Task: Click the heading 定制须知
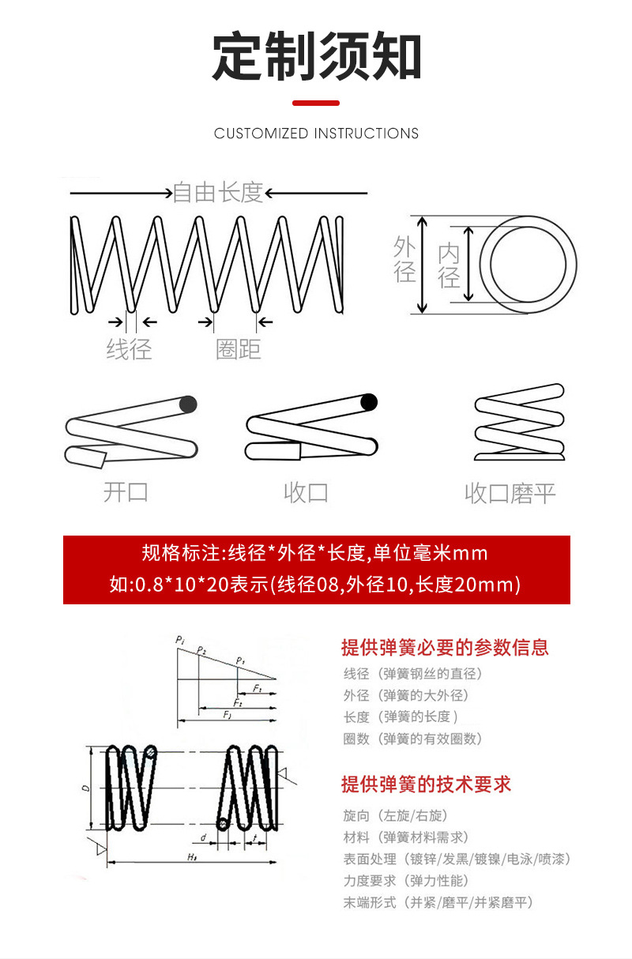click(x=316, y=57)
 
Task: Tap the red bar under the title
click(x=316, y=103)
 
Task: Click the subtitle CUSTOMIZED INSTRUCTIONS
click(x=316, y=134)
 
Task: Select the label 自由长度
click(x=217, y=192)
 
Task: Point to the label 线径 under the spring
click(x=129, y=348)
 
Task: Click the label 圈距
click(x=238, y=348)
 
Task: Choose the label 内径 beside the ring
click(x=449, y=265)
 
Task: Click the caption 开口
click(x=126, y=492)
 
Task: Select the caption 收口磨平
click(x=510, y=494)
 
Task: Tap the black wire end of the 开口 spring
click(x=187, y=404)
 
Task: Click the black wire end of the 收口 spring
click(x=368, y=402)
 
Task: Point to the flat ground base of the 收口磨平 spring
click(x=519, y=457)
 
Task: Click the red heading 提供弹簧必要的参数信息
click(x=445, y=648)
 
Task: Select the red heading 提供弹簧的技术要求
click(x=426, y=784)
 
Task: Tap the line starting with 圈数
click(x=412, y=739)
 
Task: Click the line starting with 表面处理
click(x=456, y=859)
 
